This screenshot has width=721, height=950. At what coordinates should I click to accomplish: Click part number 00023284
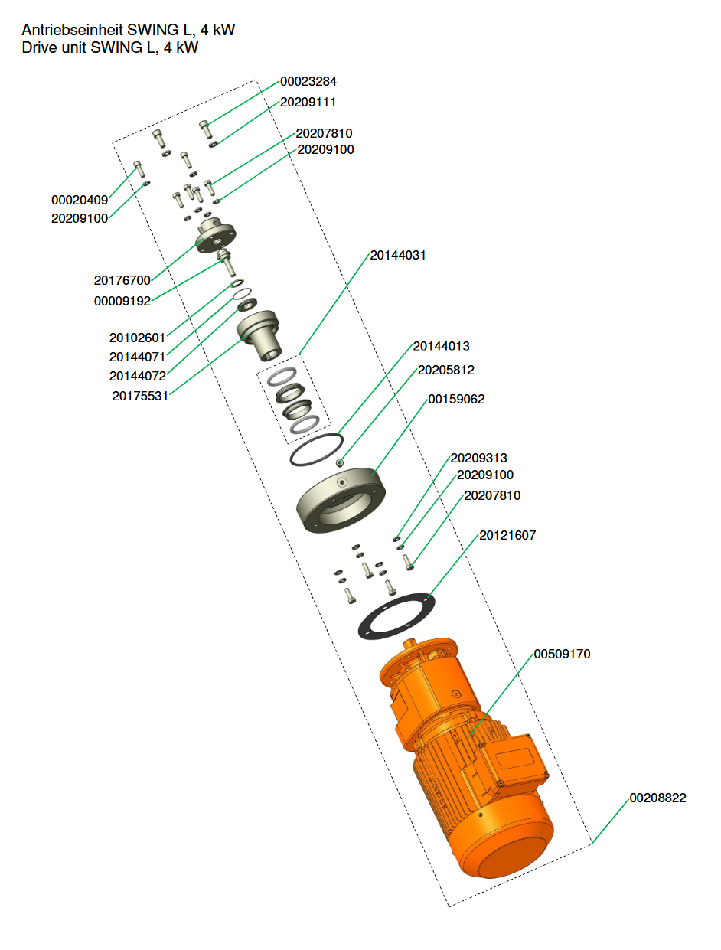coord(308,81)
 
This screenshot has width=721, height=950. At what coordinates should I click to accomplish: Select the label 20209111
coord(308,102)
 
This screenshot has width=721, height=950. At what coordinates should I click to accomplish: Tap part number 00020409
coord(80,201)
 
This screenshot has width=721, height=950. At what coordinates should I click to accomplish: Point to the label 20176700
coord(122,281)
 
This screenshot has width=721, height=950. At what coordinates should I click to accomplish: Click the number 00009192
coord(122,302)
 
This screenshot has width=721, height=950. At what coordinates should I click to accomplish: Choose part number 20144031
coord(398,255)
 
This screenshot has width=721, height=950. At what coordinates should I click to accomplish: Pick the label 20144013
coord(442,347)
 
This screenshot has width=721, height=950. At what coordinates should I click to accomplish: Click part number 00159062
coord(456,400)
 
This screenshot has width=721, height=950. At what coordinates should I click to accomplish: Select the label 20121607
coord(507,536)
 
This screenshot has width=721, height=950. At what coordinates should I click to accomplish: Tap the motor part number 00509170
coord(562,655)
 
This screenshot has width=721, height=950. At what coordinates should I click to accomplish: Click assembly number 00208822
coord(657,798)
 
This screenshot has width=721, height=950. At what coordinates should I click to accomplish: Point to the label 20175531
coord(140,397)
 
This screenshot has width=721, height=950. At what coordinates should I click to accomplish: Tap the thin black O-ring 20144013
coord(315,451)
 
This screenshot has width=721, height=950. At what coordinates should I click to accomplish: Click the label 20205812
coord(445,371)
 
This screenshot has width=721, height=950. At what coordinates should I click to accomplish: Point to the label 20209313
coord(478,459)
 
